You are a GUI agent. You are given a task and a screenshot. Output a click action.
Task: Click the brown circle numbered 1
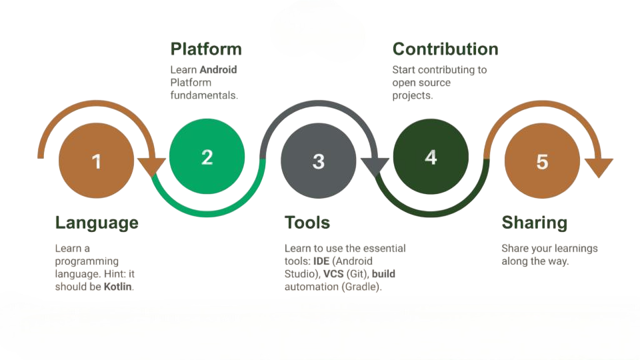pyautogui.click(x=97, y=161)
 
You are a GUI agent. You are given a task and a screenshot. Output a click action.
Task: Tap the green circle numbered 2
pyautogui.click(x=207, y=157)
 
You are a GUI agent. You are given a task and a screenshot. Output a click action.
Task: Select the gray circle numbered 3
pyautogui.click(x=319, y=161)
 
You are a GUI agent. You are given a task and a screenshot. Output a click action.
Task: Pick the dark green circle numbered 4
pyautogui.click(x=431, y=157)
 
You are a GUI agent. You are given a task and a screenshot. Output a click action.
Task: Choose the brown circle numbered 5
pyautogui.click(x=542, y=161)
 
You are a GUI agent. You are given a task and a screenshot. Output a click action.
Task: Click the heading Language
pyautogui.click(x=97, y=223)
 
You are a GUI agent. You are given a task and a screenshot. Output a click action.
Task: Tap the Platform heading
pyautogui.click(x=206, y=49)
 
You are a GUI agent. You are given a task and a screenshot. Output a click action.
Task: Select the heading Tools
pyautogui.click(x=307, y=223)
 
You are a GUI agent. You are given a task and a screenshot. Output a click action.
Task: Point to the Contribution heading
pyautogui.click(x=445, y=49)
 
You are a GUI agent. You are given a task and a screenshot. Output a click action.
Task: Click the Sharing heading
pyautogui.click(x=534, y=223)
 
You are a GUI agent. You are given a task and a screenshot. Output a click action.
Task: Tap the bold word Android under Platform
pyautogui.click(x=218, y=69)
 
